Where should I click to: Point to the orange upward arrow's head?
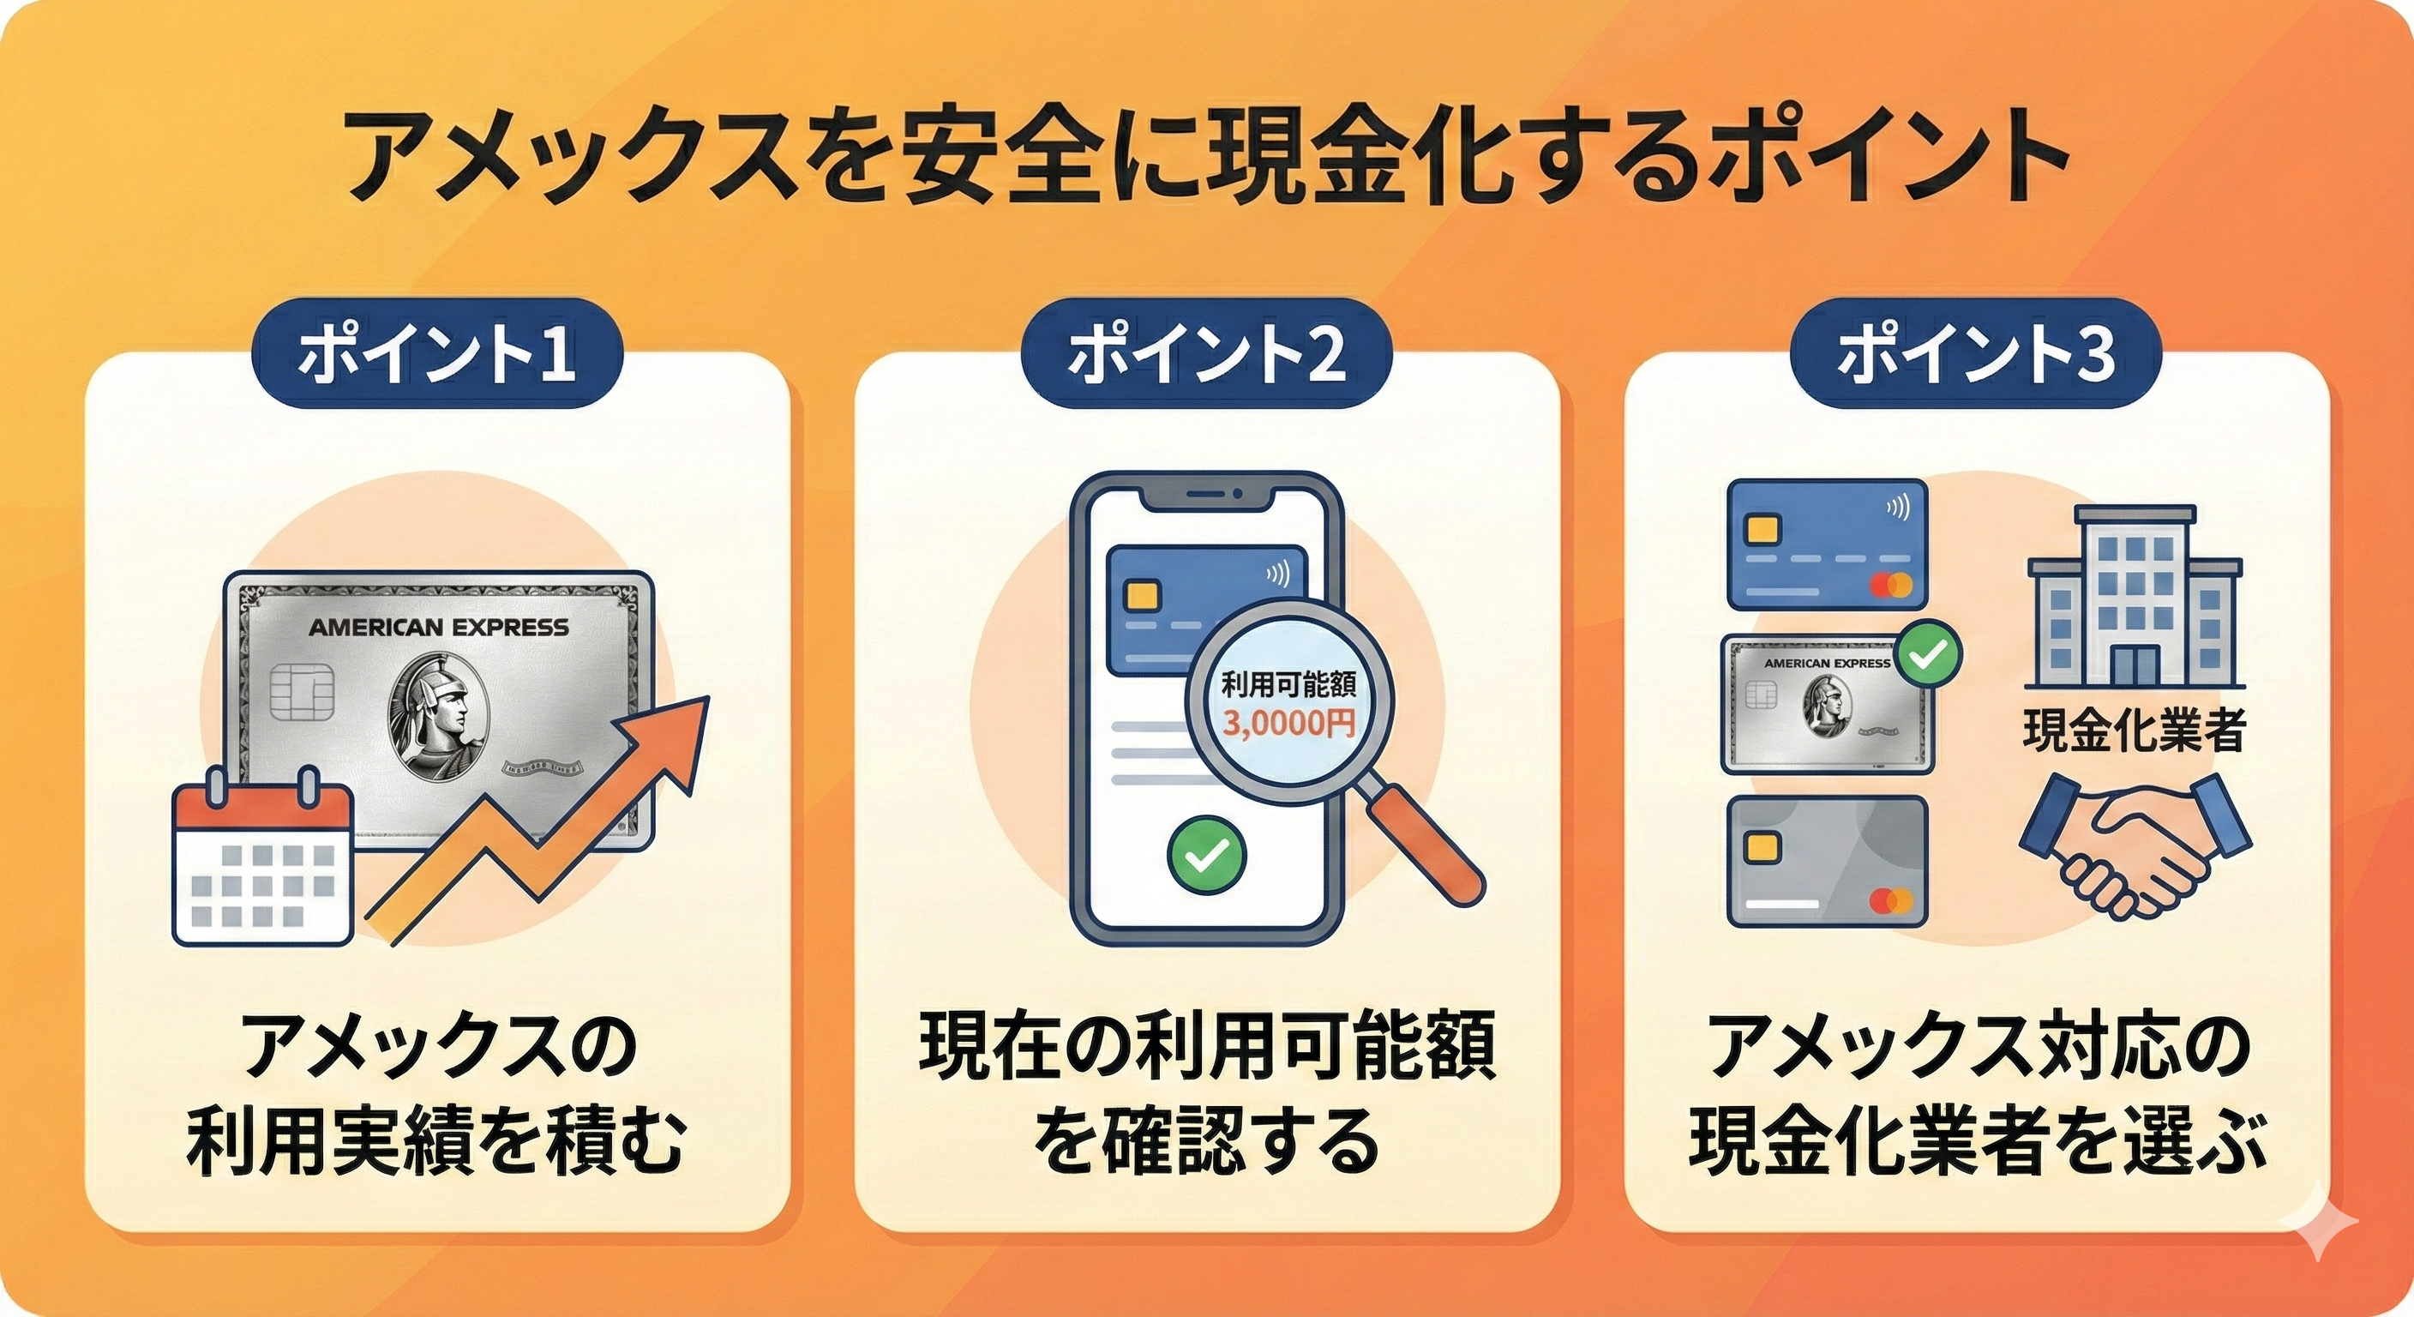pyautogui.click(x=680, y=732)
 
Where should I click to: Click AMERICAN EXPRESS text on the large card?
pyautogui.click(x=438, y=627)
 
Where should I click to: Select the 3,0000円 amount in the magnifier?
pyautogui.click(x=1288, y=725)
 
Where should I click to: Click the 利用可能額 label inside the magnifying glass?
pyautogui.click(x=1288, y=686)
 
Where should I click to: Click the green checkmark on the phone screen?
pyautogui.click(x=1207, y=854)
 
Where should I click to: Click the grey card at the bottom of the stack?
pyautogui.click(x=1828, y=862)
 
